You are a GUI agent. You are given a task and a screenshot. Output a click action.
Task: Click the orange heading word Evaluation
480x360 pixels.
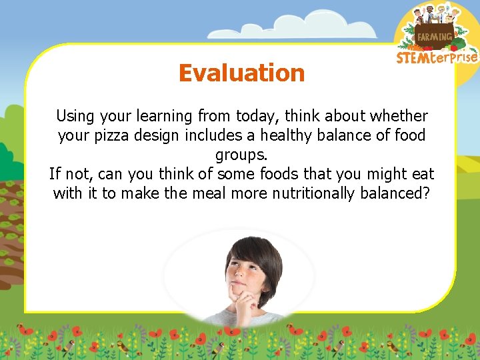point(241,73)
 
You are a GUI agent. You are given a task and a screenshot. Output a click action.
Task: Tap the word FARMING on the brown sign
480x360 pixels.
point(434,37)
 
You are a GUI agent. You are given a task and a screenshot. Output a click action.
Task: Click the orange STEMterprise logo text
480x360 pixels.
point(437,57)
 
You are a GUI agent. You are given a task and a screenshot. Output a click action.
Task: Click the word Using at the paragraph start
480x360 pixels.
point(75,117)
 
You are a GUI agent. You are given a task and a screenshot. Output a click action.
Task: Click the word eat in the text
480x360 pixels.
point(422,175)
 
